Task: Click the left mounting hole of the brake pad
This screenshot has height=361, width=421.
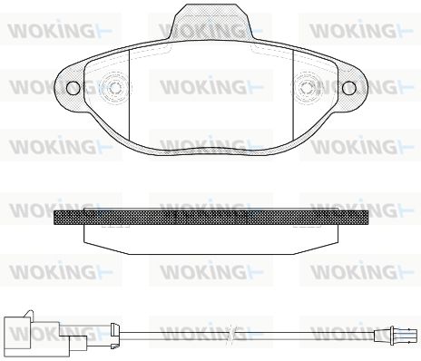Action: click(73, 88)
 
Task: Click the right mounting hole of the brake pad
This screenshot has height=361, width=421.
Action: click(349, 88)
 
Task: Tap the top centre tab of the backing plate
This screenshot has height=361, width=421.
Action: click(211, 23)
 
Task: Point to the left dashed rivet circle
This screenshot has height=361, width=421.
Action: click(115, 88)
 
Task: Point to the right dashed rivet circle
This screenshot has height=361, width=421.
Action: click(307, 88)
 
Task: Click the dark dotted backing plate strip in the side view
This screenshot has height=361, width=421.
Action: click(211, 218)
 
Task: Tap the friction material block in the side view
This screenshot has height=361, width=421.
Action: click(211, 239)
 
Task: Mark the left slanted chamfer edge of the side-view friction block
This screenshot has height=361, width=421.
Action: click(106, 248)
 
